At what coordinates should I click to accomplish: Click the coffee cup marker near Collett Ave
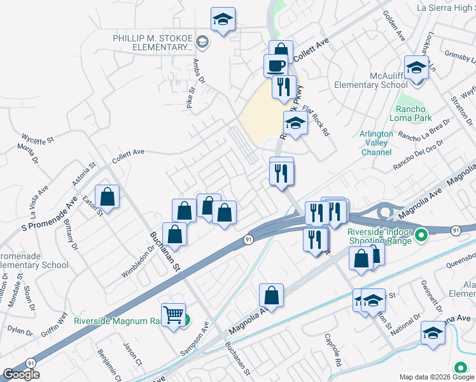click(x=276, y=66)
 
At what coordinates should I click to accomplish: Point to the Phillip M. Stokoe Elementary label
click(x=153, y=43)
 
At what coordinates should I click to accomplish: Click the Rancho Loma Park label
click(x=414, y=113)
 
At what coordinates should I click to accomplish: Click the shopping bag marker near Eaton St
click(x=108, y=197)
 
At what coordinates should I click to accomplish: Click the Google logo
click(x=21, y=374)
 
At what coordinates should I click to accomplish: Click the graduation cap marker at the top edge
click(x=223, y=20)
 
